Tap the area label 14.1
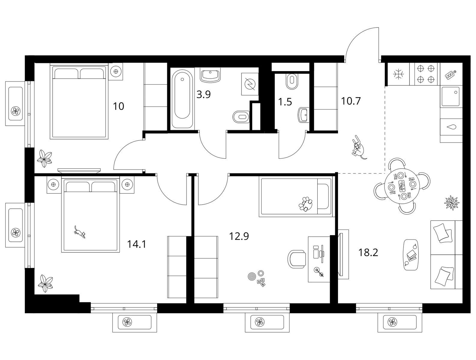pyautogui.click(x=136, y=244)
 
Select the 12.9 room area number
pyautogui.click(x=239, y=236)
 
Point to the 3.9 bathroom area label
pyautogui.click(x=203, y=94)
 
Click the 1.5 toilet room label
pyautogui.click(x=285, y=102)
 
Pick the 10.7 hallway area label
pyautogui.click(x=351, y=101)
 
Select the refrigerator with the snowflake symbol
pyautogui.click(x=399, y=74)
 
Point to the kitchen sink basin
pyautogui.click(x=451, y=97)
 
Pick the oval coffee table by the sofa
pyautogui.click(x=411, y=255)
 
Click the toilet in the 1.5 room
pyautogui.click(x=292, y=81)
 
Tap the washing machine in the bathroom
pyautogui.click(x=250, y=84)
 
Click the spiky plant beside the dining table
pyautogui.click(x=452, y=202)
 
